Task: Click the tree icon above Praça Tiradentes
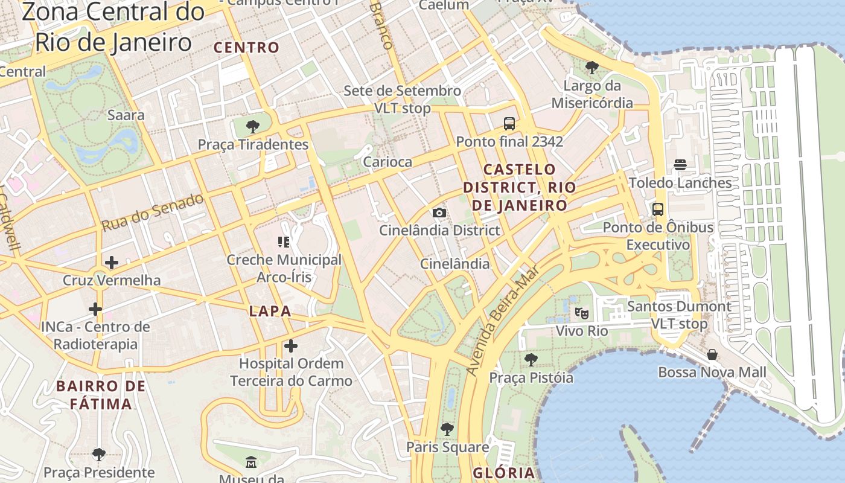pos(253,127)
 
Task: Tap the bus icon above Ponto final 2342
pos(509,124)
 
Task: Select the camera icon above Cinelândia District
pos(439,213)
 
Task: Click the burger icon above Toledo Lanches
pos(680,165)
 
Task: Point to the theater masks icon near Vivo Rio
pos(581,313)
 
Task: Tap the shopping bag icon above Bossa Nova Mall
pos(712,354)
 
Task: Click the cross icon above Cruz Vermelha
pos(111,263)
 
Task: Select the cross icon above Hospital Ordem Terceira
pos(291,346)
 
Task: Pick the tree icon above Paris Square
pos(447,429)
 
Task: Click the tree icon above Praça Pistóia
pos(531,360)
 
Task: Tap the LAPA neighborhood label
pos(270,312)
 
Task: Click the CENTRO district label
pos(247,47)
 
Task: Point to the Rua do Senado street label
pos(152,212)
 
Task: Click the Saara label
pos(126,115)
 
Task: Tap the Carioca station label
pos(387,162)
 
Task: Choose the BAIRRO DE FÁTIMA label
pos(101,395)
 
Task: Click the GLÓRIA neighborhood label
pos(504,473)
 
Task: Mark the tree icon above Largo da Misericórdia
pos(592,68)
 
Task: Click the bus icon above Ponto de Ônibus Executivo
pos(658,210)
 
